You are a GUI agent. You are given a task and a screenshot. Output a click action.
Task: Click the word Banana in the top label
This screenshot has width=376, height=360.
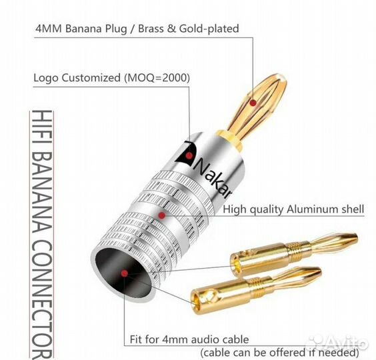[84, 29]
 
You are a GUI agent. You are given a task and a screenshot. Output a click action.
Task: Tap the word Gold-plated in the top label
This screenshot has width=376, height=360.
[209, 29]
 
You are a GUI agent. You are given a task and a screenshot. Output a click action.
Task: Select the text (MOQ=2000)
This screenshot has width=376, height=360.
[157, 78]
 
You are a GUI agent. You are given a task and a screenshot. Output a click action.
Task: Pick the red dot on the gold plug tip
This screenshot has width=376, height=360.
[253, 103]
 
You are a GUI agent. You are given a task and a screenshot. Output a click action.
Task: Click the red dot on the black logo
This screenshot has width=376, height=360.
[189, 156]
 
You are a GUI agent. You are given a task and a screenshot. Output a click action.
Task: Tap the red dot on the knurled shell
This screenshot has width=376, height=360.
[162, 215]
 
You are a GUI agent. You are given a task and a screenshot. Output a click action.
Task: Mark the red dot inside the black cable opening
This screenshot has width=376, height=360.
[124, 273]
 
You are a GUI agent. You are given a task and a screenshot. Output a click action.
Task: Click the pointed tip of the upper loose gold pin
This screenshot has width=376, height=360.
[357, 237]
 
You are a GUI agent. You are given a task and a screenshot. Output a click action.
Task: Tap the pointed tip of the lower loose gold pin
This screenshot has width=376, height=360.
[320, 271]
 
